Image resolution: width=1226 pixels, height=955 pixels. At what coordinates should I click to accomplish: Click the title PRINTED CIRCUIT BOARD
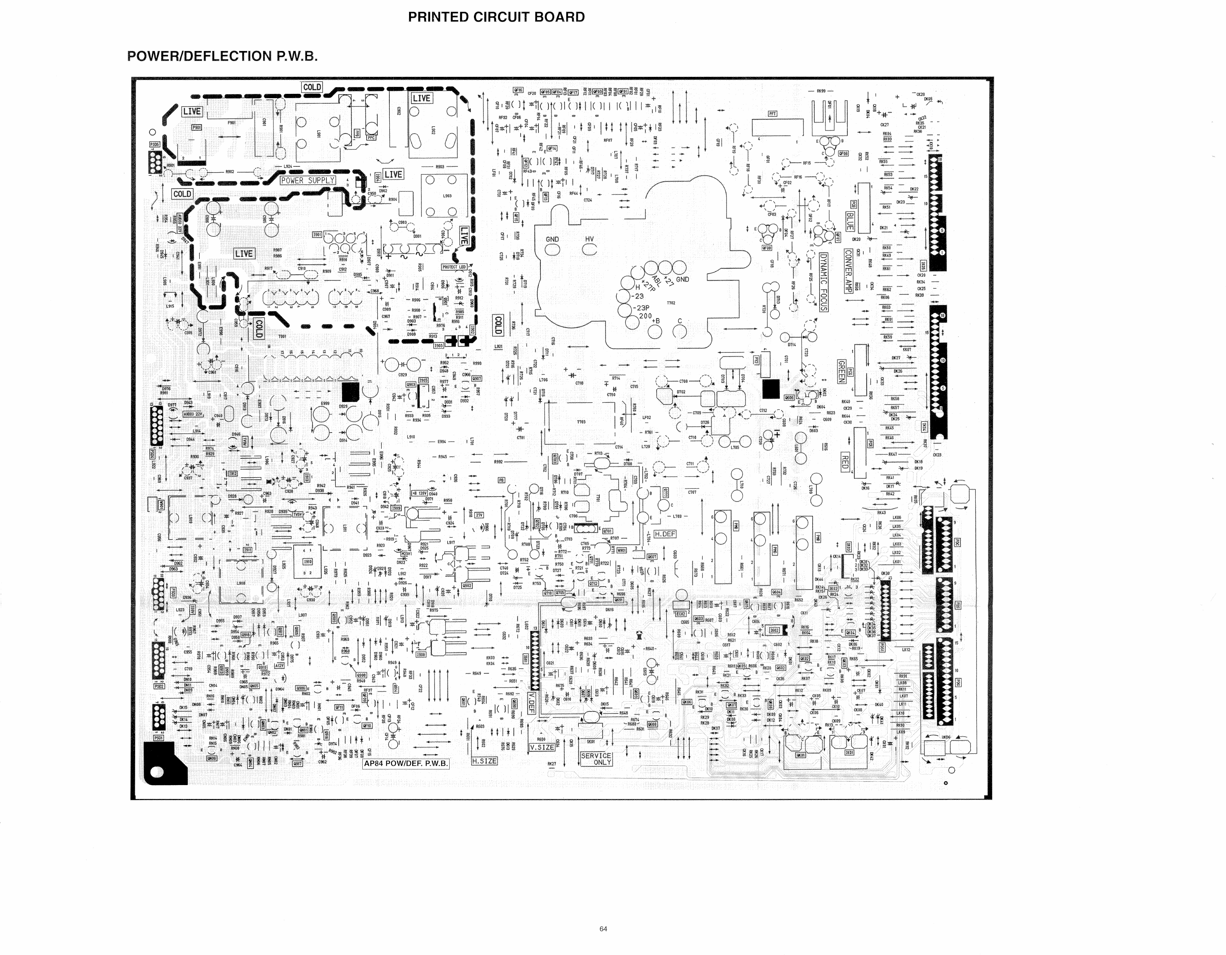click(x=496, y=17)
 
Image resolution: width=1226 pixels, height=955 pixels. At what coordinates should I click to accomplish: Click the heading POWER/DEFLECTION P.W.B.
click(x=222, y=56)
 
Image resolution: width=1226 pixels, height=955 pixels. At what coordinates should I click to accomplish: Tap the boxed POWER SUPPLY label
click(x=307, y=180)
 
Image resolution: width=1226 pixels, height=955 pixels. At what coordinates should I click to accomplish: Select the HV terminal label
click(x=589, y=239)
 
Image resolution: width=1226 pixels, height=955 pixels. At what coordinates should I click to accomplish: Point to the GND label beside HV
click(x=552, y=239)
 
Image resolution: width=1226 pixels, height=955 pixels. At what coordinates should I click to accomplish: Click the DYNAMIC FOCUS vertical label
click(x=824, y=282)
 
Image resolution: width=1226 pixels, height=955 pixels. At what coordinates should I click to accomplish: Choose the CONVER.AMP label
click(x=848, y=270)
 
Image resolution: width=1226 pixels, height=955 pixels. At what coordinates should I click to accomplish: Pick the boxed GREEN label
click(x=841, y=371)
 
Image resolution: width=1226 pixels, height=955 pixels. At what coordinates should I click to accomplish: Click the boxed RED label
click(x=845, y=462)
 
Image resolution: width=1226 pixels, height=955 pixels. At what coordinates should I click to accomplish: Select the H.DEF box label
click(x=665, y=534)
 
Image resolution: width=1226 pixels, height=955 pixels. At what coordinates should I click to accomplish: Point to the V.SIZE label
click(x=542, y=747)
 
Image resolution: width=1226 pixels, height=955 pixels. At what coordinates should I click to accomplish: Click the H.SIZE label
click(x=484, y=761)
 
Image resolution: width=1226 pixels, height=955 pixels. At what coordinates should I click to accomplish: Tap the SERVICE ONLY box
click(x=596, y=758)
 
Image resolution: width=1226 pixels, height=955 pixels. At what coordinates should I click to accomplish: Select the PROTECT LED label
click(x=454, y=267)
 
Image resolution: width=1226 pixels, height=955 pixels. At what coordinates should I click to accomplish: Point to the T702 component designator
click(x=671, y=303)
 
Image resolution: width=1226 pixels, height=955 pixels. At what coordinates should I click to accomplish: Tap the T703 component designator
click(x=581, y=422)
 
